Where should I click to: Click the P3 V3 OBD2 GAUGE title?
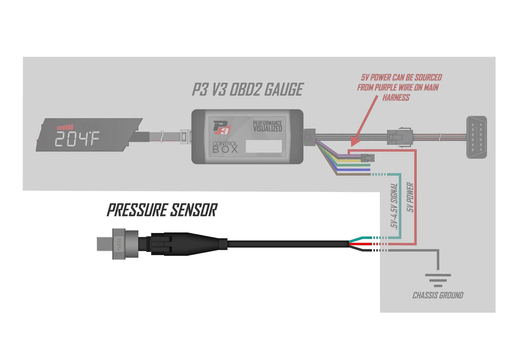pyautogui.click(x=247, y=89)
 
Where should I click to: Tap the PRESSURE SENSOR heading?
pyautogui.click(x=162, y=210)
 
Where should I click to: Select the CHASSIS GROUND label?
pyautogui.click(x=438, y=296)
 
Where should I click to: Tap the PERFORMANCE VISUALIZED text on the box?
pyautogui.click(x=267, y=126)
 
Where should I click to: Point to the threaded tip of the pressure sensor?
pyautogui.click(x=103, y=244)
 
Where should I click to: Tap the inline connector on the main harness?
pyautogui.click(x=398, y=137)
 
